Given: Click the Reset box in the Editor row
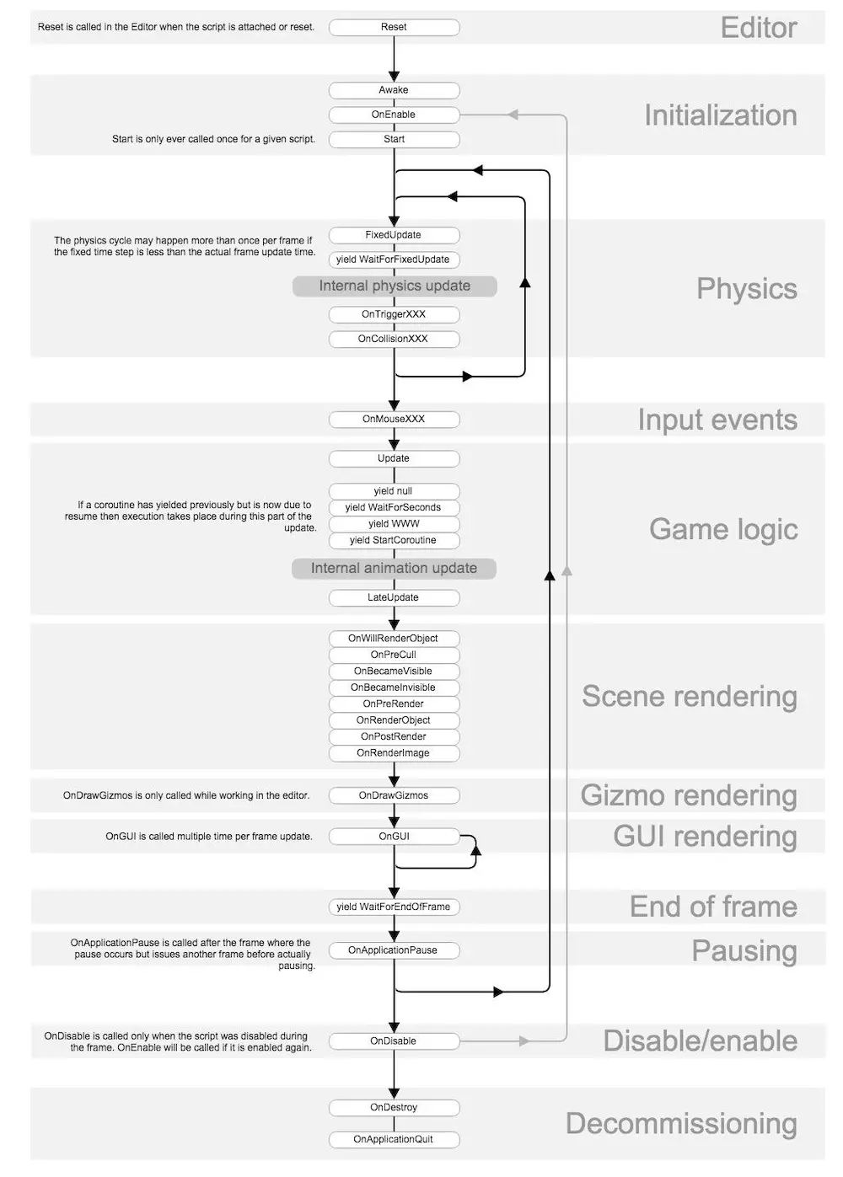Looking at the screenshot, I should tap(394, 28).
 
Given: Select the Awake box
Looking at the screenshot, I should tap(394, 90).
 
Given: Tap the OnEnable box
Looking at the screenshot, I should tap(394, 115).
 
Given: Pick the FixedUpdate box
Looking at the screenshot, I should tap(394, 235).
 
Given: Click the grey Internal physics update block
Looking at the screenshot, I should tap(395, 286).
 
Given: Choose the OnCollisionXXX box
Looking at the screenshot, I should tap(394, 339).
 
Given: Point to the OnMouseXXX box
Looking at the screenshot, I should tap(394, 419).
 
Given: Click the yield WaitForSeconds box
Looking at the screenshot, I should tap(394, 507).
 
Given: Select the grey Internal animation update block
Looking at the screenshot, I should tap(394, 569).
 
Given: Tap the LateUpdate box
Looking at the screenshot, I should tap(394, 597).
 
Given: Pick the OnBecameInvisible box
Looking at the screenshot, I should tap(394, 687).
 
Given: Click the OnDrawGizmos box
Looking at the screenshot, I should tap(394, 795).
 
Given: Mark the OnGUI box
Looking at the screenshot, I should tap(394, 837).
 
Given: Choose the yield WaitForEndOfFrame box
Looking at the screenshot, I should tap(394, 907).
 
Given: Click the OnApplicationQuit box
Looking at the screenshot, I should tap(394, 1139).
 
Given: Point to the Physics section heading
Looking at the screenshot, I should tap(746, 289).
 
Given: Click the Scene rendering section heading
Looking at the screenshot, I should tap(689, 697).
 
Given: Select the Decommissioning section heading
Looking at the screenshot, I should tap(681, 1124).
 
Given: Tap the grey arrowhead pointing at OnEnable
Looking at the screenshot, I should tap(513, 115).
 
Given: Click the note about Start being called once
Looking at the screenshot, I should tap(213, 139).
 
